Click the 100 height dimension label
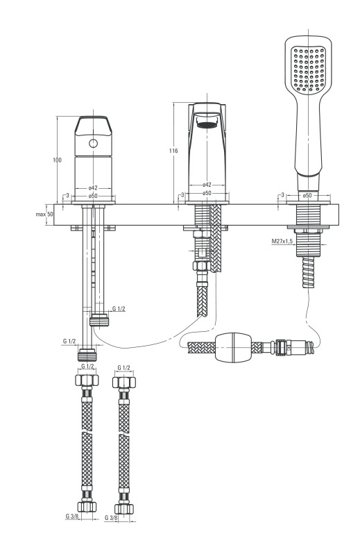[x=58, y=160]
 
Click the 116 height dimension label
[x=173, y=151]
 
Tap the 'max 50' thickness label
[x=45, y=214]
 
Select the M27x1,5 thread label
[x=282, y=241]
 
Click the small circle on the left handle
[x=94, y=143]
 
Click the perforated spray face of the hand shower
[x=308, y=69]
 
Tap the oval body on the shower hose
[x=232, y=346]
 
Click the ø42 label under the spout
[x=207, y=185]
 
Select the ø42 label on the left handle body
[x=93, y=187]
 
